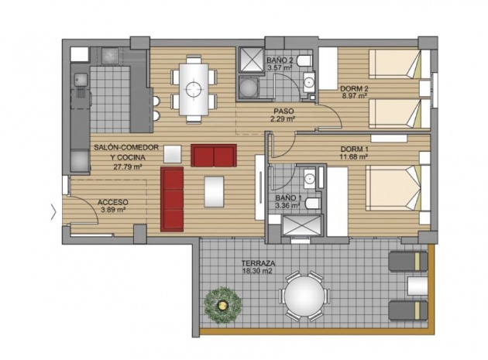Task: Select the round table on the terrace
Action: pos(304,296)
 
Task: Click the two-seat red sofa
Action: pos(214,156)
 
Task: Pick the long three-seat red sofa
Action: pos(172,200)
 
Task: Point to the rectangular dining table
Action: pos(194,89)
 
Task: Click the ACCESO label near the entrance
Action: pos(113,203)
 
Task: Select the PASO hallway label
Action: pos(284,111)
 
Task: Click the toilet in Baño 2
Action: pos(304,61)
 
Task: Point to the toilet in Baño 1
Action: pos(313,204)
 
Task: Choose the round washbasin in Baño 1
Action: pos(309,179)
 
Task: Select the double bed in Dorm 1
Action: pos(394,187)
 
